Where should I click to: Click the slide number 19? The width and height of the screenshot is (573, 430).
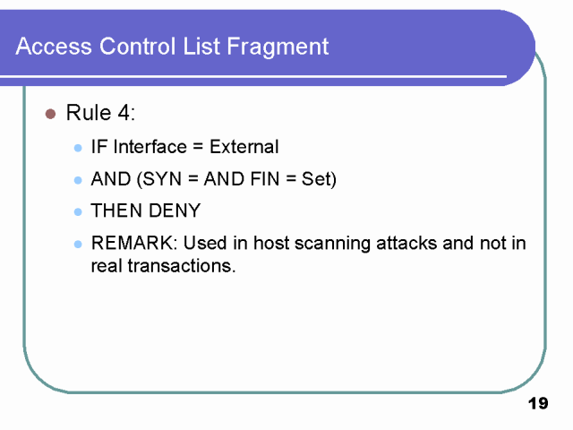(537, 404)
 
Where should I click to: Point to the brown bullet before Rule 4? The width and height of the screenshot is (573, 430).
(50, 114)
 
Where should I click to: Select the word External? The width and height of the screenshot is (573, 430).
(244, 147)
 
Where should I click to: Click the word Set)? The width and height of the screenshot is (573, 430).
(318, 179)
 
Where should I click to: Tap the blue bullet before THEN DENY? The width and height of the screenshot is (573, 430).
(78, 212)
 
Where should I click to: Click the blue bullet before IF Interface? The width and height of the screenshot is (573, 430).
(78, 148)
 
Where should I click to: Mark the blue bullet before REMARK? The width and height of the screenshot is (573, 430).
(78, 245)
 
